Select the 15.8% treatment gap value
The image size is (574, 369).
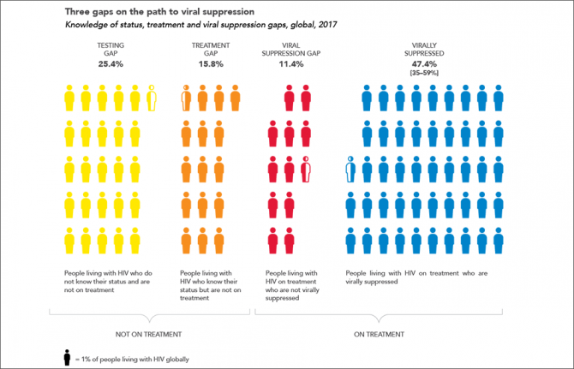(209, 63)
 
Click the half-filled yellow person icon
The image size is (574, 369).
(152, 98)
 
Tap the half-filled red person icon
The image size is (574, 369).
(307, 171)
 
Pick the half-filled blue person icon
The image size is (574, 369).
(350, 171)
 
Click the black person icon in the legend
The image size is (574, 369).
(67, 357)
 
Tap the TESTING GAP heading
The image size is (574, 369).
(110, 47)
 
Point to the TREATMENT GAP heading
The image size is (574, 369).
(209, 47)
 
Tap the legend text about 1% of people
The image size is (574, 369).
(133, 358)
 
